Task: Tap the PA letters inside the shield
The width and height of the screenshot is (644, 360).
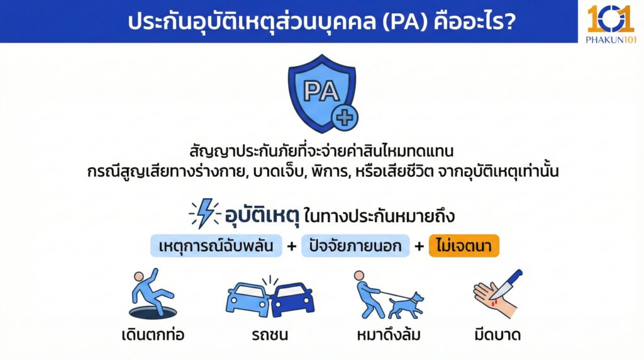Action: tap(321, 92)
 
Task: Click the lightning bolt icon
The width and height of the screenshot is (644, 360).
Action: tap(205, 214)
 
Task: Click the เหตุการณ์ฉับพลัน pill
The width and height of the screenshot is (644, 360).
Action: tap(216, 246)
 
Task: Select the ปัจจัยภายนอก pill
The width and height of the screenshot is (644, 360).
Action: tap(355, 246)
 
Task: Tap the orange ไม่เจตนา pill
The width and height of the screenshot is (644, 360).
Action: tap(464, 246)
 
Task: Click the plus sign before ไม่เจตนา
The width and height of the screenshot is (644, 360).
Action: tap(419, 246)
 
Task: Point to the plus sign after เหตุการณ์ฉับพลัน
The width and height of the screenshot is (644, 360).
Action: tap(291, 246)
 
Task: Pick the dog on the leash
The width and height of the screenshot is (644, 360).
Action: tap(405, 305)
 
